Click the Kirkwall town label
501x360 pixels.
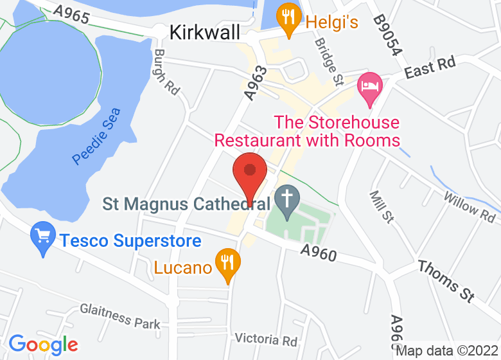[205, 32]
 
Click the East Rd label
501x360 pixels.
[430, 68]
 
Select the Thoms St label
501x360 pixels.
[446, 280]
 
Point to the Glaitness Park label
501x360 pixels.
[120, 315]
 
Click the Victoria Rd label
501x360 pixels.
[266, 339]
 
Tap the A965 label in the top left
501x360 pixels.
[71, 14]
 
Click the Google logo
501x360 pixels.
[43, 345]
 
